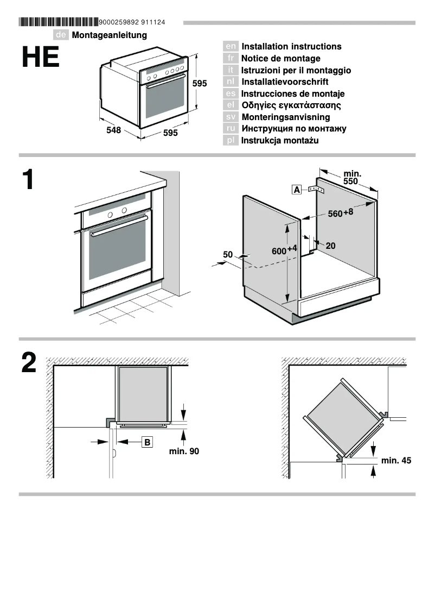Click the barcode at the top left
click(x=59, y=22)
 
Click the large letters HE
click(x=40, y=58)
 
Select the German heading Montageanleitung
click(x=109, y=35)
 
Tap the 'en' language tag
click(x=231, y=47)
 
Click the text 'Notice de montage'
click(x=280, y=59)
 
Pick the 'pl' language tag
click(x=231, y=141)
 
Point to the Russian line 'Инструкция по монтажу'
click(x=293, y=129)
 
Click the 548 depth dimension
click(x=113, y=131)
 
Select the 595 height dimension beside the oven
click(x=200, y=84)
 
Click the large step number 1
click(x=28, y=180)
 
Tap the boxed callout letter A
click(x=297, y=190)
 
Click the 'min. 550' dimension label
click(x=351, y=178)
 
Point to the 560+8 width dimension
click(x=340, y=213)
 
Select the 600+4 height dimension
click(x=284, y=250)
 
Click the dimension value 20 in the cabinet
click(x=330, y=246)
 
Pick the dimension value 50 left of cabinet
click(x=227, y=254)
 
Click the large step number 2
click(x=29, y=363)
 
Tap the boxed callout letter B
click(x=146, y=442)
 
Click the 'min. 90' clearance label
click(x=184, y=451)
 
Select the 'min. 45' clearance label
click(x=396, y=461)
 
